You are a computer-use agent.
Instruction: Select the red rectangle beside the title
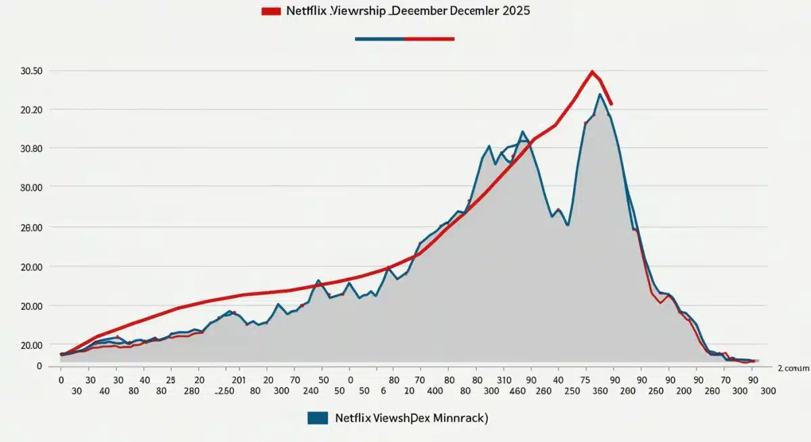click(x=270, y=11)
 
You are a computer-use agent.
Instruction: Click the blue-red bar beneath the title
click(x=404, y=39)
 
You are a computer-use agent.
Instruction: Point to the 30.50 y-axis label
click(x=32, y=72)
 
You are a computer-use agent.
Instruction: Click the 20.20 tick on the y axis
click(x=32, y=110)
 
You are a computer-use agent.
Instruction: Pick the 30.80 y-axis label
click(x=32, y=149)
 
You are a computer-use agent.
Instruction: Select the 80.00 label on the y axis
click(x=32, y=187)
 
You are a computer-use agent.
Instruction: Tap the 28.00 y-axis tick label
click(x=32, y=228)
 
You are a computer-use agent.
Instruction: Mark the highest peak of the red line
click(x=592, y=71)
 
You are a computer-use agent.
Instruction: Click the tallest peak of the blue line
click(x=599, y=94)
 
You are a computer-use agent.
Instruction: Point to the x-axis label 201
click(x=231, y=379)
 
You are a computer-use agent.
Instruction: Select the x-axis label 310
click(x=503, y=379)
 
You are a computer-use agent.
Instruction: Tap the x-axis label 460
click(x=518, y=391)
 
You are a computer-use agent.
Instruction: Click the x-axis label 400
click(x=435, y=391)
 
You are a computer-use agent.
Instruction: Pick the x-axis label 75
click(x=588, y=379)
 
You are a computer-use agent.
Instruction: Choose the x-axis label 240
click(x=311, y=391)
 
